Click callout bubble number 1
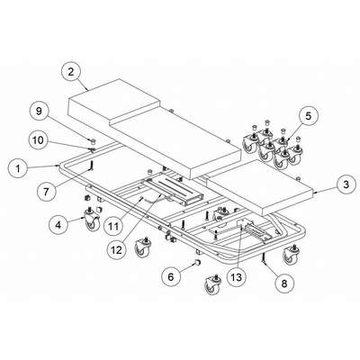18,168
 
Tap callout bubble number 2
71,72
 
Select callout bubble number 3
346,184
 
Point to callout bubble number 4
58,224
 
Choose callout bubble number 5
309,116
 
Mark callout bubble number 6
170,276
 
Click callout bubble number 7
46,192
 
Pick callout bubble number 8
284,283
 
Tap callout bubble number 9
39,112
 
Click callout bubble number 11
113,226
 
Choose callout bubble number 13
237,277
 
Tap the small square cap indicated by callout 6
198,261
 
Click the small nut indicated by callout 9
93,140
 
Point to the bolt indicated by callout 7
92,166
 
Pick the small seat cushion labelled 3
260,186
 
